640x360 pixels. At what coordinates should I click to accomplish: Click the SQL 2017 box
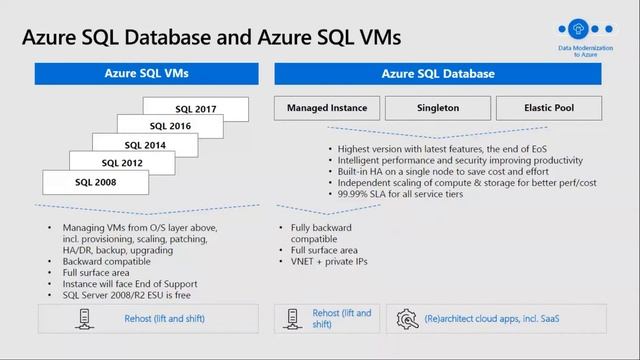click(194, 108)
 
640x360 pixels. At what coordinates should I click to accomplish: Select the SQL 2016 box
click(169, 126)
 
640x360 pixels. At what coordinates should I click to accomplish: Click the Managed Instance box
click(326, 107)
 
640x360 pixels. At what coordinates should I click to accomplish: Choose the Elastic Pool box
click(548, 107)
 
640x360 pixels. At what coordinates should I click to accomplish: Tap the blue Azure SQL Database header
click(438, 73)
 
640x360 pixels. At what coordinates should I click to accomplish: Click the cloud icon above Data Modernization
click(577, 29)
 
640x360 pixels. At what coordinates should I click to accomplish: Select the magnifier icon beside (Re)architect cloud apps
click(407, 319)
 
